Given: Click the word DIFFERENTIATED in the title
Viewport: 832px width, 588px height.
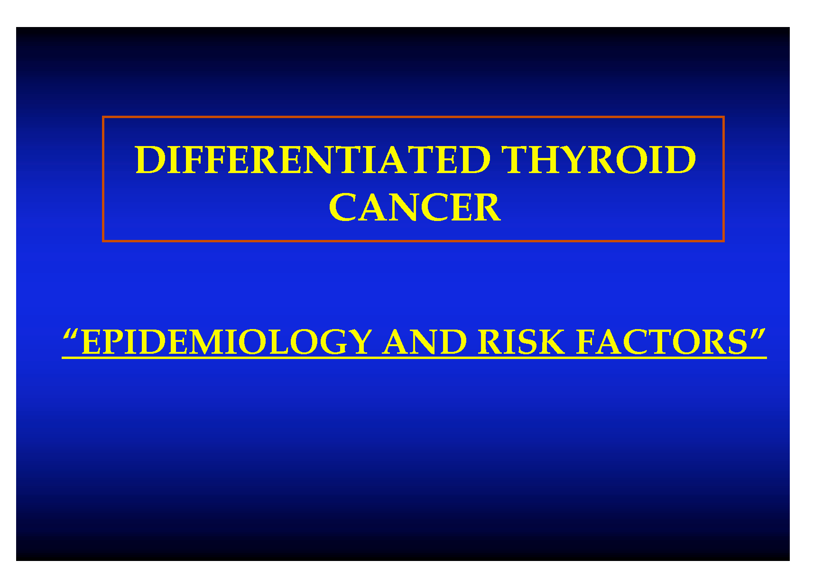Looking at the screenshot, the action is tap(313, 160).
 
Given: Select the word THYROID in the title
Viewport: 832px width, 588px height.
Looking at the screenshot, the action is tap(599, 160).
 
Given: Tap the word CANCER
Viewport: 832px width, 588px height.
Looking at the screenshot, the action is tap(415, 207).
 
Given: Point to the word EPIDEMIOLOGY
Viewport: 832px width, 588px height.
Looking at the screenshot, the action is tap(226, 342).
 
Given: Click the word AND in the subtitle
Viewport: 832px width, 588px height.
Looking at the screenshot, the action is tap(425, 342).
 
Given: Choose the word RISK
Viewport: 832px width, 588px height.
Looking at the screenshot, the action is tap(521, 342).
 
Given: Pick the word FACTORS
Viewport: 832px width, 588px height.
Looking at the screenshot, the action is tap(662, 342).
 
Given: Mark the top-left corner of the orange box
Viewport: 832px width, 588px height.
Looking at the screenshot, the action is tap(103, 117).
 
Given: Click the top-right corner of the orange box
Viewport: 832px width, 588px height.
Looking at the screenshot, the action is tap(723, 117).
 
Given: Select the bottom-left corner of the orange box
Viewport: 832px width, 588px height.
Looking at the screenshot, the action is tap(103, 241).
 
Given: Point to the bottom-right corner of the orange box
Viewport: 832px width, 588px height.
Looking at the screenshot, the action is tap(723, 241).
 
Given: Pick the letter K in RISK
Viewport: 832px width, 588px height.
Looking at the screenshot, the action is tap(551, 342).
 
